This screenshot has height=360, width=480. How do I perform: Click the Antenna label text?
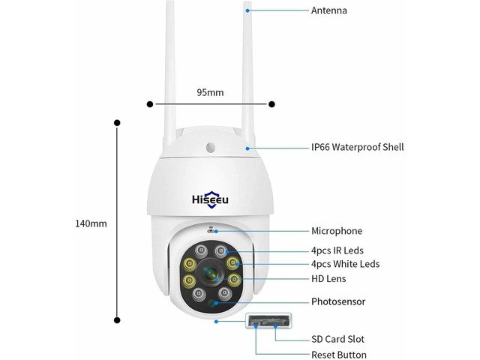(x=329, y=10)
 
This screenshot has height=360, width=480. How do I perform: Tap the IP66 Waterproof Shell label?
(x=358, y=147)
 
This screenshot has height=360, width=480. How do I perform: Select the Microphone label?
(x=337, y=231)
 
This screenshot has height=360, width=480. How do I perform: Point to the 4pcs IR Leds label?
(x=337, y=250)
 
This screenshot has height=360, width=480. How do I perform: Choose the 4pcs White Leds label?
(x=345, y=264)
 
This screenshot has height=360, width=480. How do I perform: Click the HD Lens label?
(x=328, y=279)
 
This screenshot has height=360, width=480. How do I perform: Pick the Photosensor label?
(x=338, y=301)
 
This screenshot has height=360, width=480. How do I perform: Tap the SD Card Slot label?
(x=338, y=339)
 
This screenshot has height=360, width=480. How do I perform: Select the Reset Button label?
(x=339, y=355)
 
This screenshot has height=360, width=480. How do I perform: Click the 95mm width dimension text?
(x=210, y=92)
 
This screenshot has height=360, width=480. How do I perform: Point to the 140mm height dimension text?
(x=91, y=223)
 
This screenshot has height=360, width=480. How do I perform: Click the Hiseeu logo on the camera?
(x=210, y=200)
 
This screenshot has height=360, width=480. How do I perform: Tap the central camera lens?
(x=211, y=274)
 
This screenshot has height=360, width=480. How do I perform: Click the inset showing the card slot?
(x=268, y=321)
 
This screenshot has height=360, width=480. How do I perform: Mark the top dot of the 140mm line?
(x=117, y=123)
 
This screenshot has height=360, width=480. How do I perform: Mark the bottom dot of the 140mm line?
(x=117, y=320)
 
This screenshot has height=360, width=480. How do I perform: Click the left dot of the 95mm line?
(x=150, y=104)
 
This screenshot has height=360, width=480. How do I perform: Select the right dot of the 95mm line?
(x=271, y=104)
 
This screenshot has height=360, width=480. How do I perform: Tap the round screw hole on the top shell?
(x=211, y=147)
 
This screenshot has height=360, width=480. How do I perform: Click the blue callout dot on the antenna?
(x=247, y=10)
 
